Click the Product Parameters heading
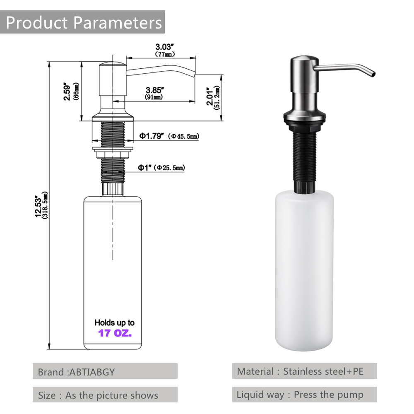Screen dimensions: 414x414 84,22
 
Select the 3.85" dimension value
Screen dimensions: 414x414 154,89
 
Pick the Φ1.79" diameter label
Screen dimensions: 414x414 152,136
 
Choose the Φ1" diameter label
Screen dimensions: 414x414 146,167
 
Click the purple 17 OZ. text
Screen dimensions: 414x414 115,333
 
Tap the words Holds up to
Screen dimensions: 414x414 114,323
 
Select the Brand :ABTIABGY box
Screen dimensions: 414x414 105,371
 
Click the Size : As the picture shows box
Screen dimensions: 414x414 105,395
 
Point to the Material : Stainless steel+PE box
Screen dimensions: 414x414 304,371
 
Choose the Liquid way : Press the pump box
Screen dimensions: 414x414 304,395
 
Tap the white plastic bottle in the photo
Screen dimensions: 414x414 305,269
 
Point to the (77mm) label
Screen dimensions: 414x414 164,54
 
